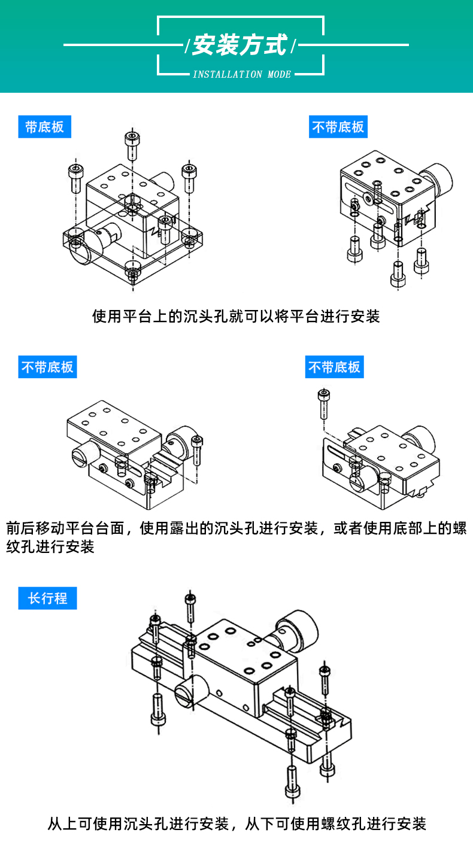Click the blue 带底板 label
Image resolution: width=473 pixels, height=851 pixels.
pos(44,127)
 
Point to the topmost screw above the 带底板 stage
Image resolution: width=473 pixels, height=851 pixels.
pos(131,144)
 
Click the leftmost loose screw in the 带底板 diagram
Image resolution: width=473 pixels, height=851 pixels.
pos(75,177)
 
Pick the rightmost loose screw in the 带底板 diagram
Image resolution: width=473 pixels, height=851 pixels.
pos(189,175)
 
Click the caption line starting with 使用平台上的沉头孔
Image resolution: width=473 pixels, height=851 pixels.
pos(236,316)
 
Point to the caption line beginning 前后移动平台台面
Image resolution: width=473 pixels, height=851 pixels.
pos(236,528)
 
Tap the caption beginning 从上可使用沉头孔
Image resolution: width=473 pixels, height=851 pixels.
pos(236,824)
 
